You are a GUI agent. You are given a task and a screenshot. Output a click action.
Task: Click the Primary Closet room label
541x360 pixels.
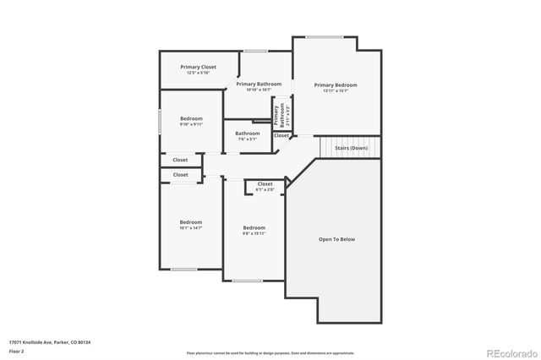click(x=198, y=67)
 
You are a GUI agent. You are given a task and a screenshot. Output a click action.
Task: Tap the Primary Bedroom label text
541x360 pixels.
click(x=336, y=85)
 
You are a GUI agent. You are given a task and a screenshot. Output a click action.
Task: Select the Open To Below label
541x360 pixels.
click(x=336, y=239)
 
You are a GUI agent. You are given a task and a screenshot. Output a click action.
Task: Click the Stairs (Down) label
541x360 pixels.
click(x=351, y=148)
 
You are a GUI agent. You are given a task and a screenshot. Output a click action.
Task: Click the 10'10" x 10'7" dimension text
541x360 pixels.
click(x=258, y=90)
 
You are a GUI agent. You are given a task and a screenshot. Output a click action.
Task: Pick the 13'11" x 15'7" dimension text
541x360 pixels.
click(x=336, y=91)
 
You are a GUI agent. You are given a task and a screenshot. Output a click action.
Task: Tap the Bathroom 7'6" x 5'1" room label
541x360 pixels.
click(x=248, y=133)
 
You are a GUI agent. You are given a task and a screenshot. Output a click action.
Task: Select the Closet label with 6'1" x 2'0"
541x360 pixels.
click(x=265, y=183)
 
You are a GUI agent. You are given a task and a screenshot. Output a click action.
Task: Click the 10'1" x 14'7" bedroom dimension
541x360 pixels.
click(x=190, y=228)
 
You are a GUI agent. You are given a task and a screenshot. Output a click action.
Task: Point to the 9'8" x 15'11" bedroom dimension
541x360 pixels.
click(x=254, y=233)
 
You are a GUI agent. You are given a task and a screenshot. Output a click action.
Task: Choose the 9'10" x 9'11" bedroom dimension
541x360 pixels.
click(x=191, y=124)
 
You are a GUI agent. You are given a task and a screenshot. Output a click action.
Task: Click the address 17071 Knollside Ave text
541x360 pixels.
click(x=50, y=341)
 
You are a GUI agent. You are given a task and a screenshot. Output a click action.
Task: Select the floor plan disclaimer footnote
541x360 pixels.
click(x=270, y=352)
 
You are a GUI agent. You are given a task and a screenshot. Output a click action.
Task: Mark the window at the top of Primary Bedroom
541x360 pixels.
click(x=325, y=36)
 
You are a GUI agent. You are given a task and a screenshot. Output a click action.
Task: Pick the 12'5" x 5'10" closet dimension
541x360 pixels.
click(x=198, y=73)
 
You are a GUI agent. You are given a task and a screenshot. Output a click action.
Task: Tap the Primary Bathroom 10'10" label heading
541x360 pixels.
click(x=258, y=84)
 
